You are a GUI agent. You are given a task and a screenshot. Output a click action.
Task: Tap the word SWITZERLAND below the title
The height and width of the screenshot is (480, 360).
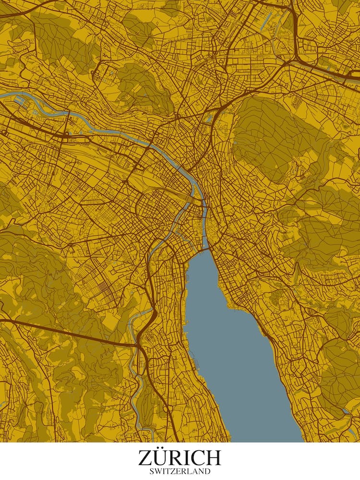[180, 471]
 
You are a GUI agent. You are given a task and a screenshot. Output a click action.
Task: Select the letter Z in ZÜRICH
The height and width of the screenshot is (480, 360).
[146, 458]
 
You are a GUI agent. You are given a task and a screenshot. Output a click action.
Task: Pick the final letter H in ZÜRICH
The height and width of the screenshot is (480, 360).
[213, 458]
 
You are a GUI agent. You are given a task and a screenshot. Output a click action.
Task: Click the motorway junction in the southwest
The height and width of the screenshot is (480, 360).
[139, 345]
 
